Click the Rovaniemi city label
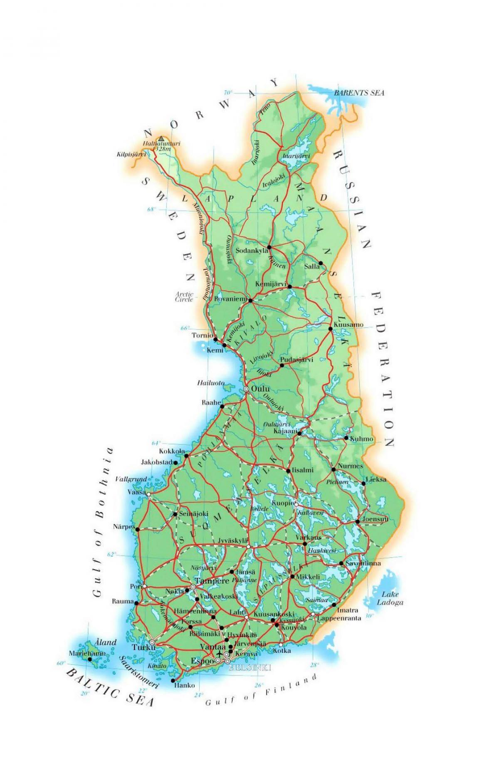(x=230, y=299)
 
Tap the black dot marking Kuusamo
(x=331, y=329)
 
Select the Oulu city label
(x=260, y=389)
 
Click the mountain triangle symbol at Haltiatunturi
(x=161, y=138)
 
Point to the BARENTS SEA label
(x=359, y=93)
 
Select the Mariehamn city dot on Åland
(x=89, y=659)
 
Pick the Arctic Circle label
(x=184, y=297)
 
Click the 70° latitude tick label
(x=229, y=92)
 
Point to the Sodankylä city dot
(x=269, y=247)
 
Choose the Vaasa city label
(x=137, y=492)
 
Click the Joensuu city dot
(x=358, y=521)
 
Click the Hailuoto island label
(x=211, y=383)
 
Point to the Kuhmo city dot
(x=346, y=438)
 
